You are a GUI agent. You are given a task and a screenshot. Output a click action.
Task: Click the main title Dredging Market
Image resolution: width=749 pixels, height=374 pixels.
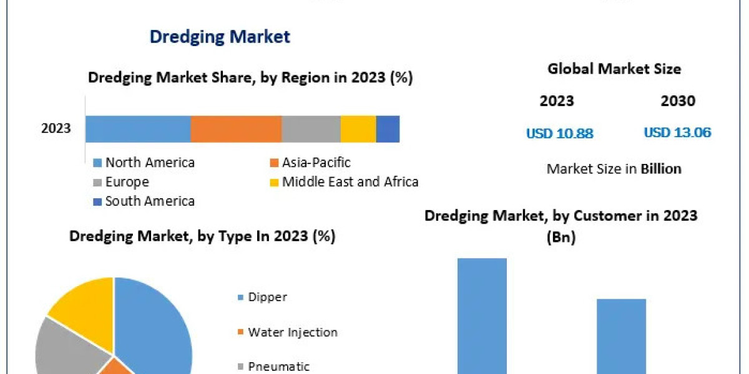220,37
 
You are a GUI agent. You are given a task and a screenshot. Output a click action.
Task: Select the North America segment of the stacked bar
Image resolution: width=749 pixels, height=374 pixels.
137,129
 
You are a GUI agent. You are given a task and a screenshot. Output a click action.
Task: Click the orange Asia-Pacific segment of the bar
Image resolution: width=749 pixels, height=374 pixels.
236,129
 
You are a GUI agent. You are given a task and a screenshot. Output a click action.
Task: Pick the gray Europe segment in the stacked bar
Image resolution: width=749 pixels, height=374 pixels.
311,129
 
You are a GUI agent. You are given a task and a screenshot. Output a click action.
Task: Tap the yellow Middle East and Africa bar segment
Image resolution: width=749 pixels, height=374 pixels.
358,129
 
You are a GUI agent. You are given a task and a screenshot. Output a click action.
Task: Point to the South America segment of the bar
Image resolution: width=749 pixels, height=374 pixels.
388,129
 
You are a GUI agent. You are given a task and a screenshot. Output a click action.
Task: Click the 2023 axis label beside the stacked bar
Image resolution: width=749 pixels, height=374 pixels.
56,129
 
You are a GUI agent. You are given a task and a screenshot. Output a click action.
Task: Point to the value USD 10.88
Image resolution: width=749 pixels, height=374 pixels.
559,133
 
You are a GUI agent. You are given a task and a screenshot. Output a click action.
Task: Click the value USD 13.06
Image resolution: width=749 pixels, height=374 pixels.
677,133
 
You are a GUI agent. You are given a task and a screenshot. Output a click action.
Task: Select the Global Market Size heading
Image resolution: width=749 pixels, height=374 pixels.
614,69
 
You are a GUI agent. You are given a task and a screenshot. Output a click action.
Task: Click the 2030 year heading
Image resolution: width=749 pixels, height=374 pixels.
678,101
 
